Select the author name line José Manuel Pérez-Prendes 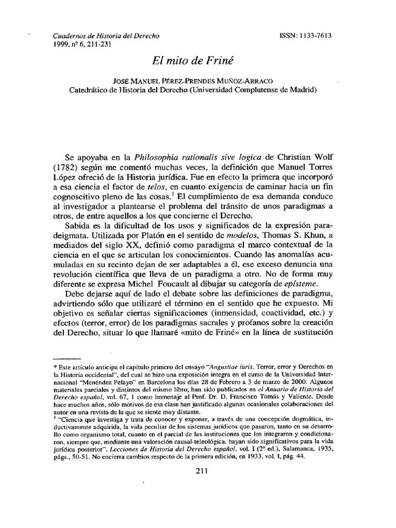point(197,81)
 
